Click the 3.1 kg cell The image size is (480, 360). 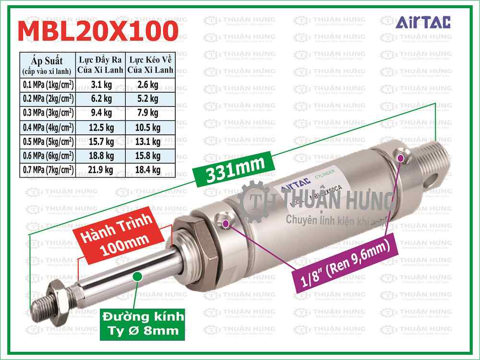click(101, 85)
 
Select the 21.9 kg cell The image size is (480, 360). click(101, 169)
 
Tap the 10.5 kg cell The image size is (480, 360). click(149, 128)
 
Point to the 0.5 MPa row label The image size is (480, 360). click(48, 142)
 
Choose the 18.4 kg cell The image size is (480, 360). click(149, 169)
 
